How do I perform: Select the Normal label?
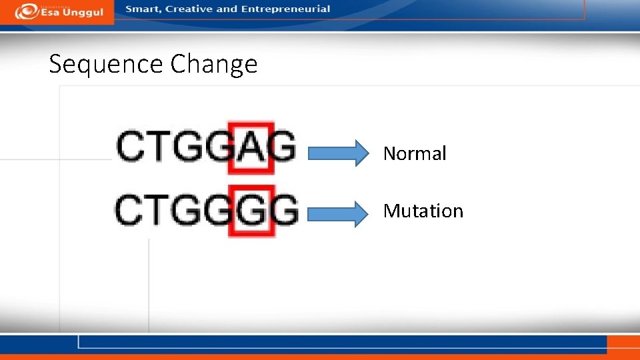point(414,153)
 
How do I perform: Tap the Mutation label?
point(423,211)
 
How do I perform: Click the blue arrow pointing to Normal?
point(337,153)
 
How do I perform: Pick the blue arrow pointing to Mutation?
point(337,213)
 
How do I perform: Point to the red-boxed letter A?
point(251,147)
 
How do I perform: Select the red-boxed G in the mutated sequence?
point(251,210)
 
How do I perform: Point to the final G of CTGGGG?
point(285,211)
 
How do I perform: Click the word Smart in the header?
point(143,9)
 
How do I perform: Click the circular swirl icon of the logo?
point(25,11)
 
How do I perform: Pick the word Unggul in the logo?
point(83,13)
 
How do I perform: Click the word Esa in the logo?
point(51,13)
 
